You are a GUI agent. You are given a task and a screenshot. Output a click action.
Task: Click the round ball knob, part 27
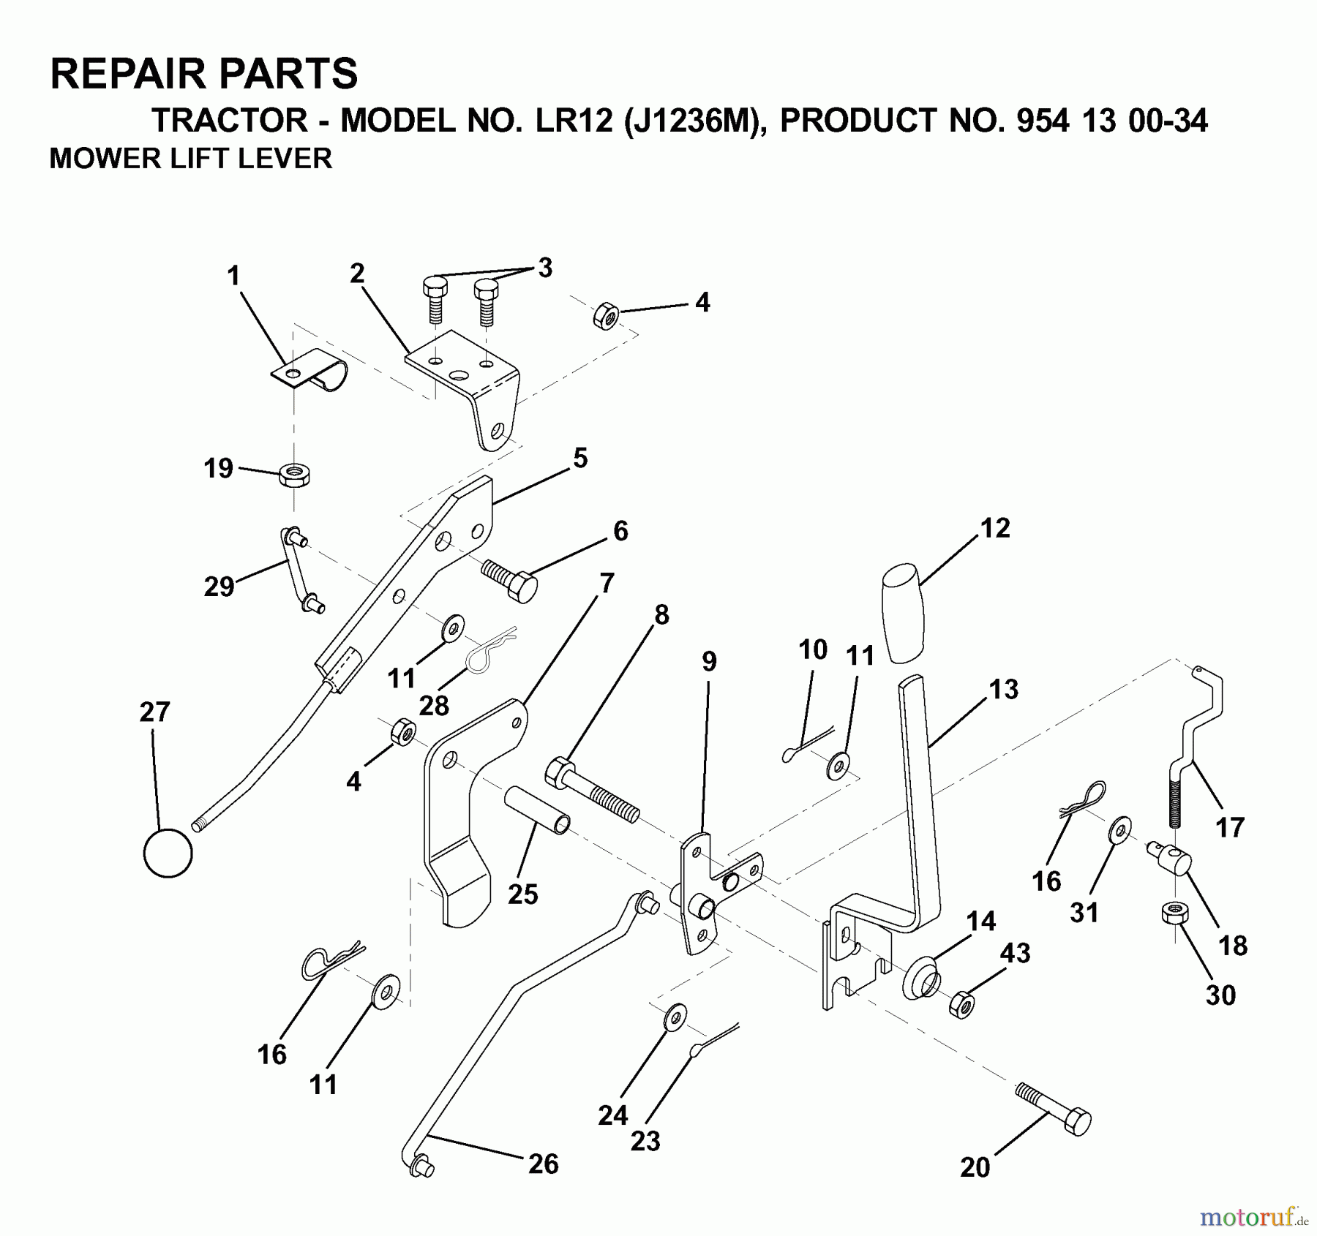pyautogui.click(x=168, y=853)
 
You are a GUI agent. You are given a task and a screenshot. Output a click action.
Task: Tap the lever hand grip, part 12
pyautogui.click(x=904, y=611)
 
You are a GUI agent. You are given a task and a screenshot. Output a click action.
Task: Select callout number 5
pyautogui.click(x=580, y=459)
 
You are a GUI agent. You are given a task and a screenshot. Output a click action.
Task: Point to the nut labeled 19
pyautogui.click(x=294, y=475)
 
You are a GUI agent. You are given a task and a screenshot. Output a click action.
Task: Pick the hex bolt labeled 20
pyautogui.click(x=1054, y=1116)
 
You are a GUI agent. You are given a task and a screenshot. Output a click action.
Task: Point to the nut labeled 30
pyautogui.click(x=1174, y=913)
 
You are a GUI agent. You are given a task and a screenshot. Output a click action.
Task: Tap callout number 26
pyautogui.click(x=543, y=1164)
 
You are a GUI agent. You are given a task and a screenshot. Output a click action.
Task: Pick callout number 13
pyautogui.click(x=1003, y=689)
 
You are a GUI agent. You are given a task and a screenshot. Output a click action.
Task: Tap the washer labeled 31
pyautogui.click(x=1119, y=830)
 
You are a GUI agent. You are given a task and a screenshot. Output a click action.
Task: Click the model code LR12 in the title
pyautogui.click(x=574, y=121)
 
